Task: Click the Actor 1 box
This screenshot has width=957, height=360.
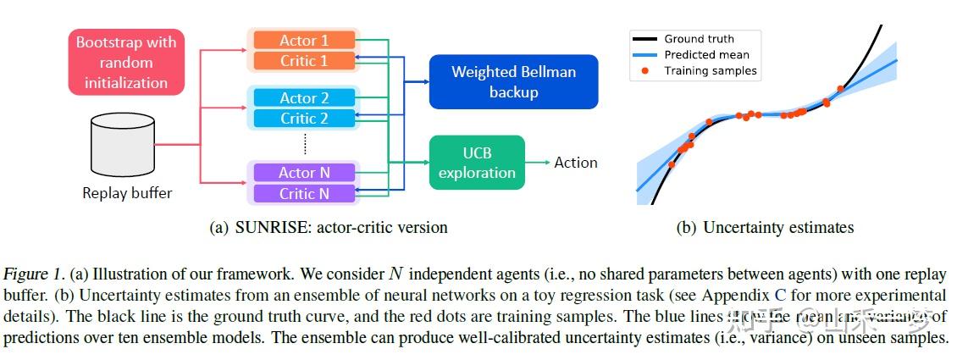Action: click(304, 41)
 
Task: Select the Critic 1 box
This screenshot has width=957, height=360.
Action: click(304, 61)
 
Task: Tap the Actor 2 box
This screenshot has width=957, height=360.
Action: click(304, 98)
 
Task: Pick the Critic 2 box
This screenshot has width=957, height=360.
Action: click(304, 119)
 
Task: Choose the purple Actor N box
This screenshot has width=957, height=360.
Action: click(304, 173)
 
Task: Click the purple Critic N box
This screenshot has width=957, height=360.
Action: click(304, 193)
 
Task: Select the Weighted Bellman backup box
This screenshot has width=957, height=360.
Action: click(513, 81)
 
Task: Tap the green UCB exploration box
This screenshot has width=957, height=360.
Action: click(477, 163)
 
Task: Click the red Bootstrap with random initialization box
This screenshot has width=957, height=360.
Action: click(127, 63)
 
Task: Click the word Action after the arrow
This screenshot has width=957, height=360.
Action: click(576, 163)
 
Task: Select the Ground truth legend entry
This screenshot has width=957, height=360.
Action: click(699, 38)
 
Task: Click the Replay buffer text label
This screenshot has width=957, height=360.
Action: click(127, 193)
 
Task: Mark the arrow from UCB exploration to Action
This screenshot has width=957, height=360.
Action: click(537, 163)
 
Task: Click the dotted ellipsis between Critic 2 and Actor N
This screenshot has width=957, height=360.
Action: click(304, 146)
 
